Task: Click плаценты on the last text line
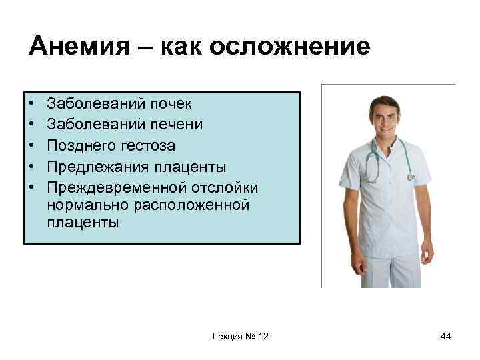click(83, 223)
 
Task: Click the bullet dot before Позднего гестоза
click(32, 145)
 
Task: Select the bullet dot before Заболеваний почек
click(32, 105)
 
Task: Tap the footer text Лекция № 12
click(240, 337)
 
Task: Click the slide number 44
click(445, 337)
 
